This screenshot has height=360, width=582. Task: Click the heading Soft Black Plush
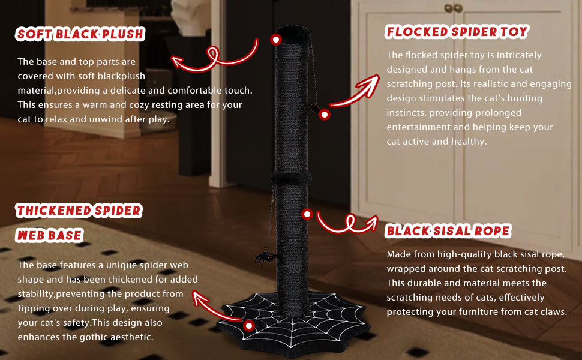tap(80, 34)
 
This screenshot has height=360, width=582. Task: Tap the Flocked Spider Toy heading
tap(457, 32)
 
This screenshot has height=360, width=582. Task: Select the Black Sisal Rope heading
tap(448, 231)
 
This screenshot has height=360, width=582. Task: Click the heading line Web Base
tap(49, 236)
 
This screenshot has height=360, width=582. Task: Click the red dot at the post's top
tap(276, 40)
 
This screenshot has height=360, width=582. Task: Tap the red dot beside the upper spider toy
tap(325, 114)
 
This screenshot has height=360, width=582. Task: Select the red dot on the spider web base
tap(250, 325)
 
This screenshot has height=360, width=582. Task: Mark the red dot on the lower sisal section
tap(307, 214)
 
